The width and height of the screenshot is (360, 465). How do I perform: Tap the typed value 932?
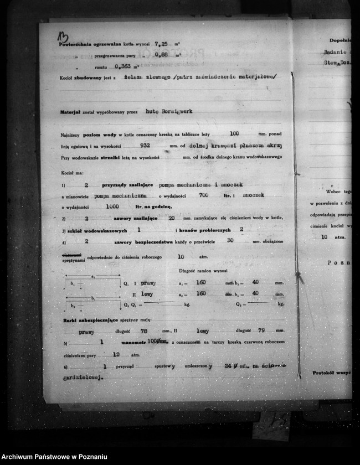[146, 146]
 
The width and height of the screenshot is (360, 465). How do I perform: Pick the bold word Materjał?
[71, 112]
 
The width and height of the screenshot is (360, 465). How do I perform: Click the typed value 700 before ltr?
[203, 195]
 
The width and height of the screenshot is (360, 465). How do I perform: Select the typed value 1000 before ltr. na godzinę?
[112, 206]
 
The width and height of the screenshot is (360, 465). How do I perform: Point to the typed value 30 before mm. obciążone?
[230, 240]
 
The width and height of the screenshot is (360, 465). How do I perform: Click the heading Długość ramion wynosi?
[203, 272]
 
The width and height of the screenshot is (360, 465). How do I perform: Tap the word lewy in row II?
[147, 293]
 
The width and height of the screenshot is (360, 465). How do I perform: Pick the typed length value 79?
[262, 330]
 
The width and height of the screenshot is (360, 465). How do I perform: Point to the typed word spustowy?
[165, 366]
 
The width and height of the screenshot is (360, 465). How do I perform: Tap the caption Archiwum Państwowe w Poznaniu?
[54, 457]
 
